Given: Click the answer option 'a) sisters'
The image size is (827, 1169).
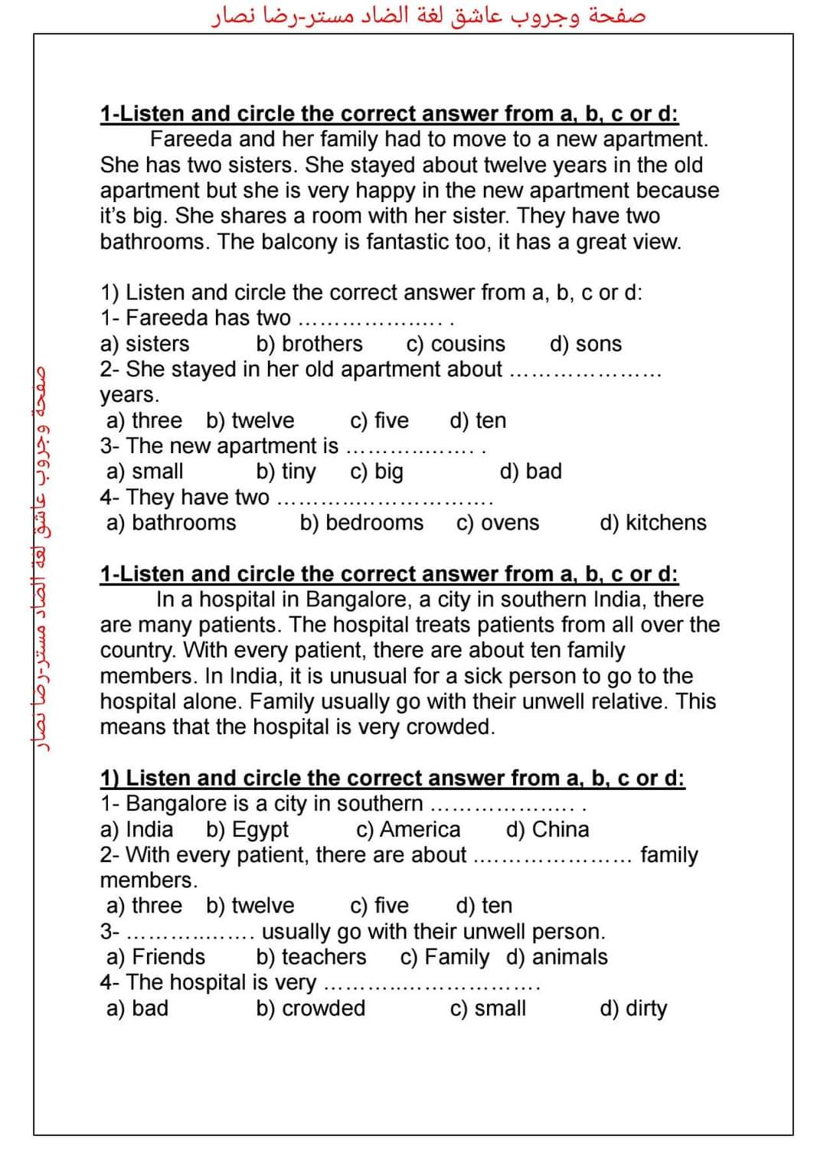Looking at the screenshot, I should pos(145,344).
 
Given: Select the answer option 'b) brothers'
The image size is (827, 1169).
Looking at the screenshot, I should pos(309,344).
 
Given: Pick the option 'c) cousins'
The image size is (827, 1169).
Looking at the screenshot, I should pos(456,344).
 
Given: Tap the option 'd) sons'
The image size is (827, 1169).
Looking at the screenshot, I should pos(586,344).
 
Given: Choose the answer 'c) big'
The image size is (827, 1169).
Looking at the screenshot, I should pos(377,472).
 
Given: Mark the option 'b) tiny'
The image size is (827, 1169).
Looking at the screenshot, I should pos(286,472).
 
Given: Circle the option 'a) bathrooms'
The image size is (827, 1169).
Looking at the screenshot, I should pos(172,523).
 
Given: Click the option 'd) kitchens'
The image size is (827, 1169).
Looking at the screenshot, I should pos(653,523).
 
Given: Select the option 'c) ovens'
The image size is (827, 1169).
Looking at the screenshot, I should pos(498,523).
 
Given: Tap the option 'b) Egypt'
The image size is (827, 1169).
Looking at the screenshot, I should pos(247,829).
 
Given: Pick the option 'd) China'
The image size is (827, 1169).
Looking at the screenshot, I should pos(548,829).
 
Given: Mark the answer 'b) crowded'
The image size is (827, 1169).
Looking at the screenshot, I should pos(311,1008).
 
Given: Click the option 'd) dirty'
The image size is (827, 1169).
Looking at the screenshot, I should pos(633,1008).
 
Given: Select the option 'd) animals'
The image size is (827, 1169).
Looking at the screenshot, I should pos(557,957).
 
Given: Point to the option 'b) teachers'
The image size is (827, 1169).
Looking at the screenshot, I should pos(311,957).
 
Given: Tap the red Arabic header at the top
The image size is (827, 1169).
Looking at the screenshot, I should pos(429,16).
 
